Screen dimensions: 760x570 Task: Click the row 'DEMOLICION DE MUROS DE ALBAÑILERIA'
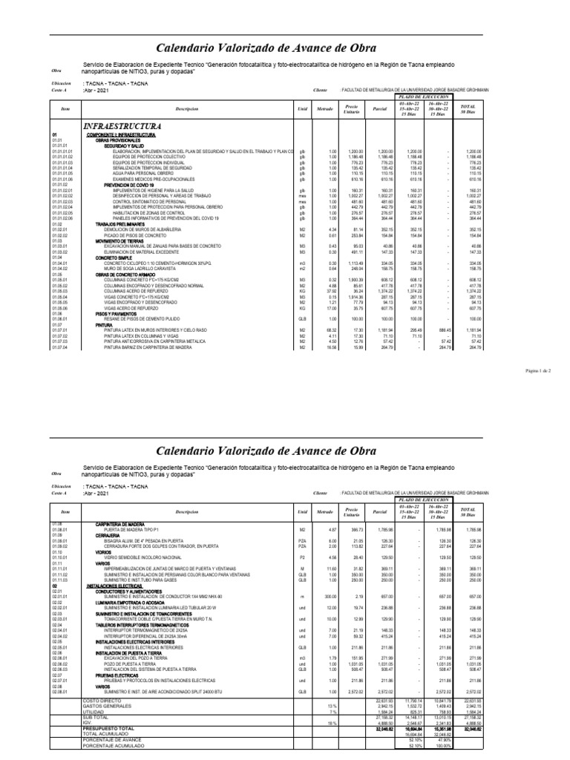pyautogui.click(x=152, y=229)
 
